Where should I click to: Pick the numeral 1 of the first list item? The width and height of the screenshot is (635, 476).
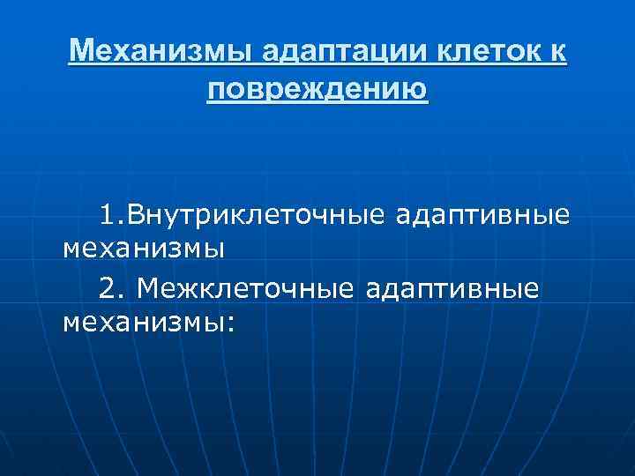(x=107, y=214)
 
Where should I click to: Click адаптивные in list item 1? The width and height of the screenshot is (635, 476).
(x=482, y=214)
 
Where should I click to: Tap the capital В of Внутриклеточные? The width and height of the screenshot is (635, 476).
(x=140, y=214)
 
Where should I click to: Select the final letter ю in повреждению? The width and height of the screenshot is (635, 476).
(x=418, y=89)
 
